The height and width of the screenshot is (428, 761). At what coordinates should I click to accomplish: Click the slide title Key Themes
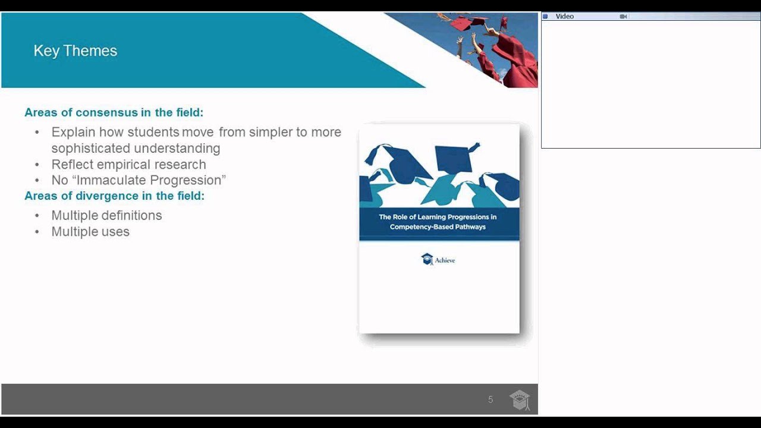[x=75, y=51]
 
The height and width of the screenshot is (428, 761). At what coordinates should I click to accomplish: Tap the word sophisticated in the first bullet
[x=91, y=148]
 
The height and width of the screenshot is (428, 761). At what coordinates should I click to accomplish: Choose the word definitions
[x=130, y=215]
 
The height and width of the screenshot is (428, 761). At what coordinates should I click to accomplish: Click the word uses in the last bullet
[x=115, y=231]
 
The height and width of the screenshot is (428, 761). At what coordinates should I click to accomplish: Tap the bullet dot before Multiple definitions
[x=37, y=215]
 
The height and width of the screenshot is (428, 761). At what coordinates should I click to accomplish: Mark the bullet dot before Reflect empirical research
[x=37, y=164]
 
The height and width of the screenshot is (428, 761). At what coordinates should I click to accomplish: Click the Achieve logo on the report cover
[x=438, y=259]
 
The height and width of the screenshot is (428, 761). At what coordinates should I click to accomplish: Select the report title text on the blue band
[x=438, y=222]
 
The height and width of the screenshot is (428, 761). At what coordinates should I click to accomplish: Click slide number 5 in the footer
[x=490, y=399]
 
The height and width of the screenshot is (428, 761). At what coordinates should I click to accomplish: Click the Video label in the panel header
[x=564, y=17]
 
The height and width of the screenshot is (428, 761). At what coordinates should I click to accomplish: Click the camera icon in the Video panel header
[x=623, y=17]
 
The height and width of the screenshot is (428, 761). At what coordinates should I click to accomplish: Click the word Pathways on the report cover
[x=469, y=226]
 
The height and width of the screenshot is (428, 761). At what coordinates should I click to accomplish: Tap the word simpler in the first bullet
[x=271, y=132]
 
